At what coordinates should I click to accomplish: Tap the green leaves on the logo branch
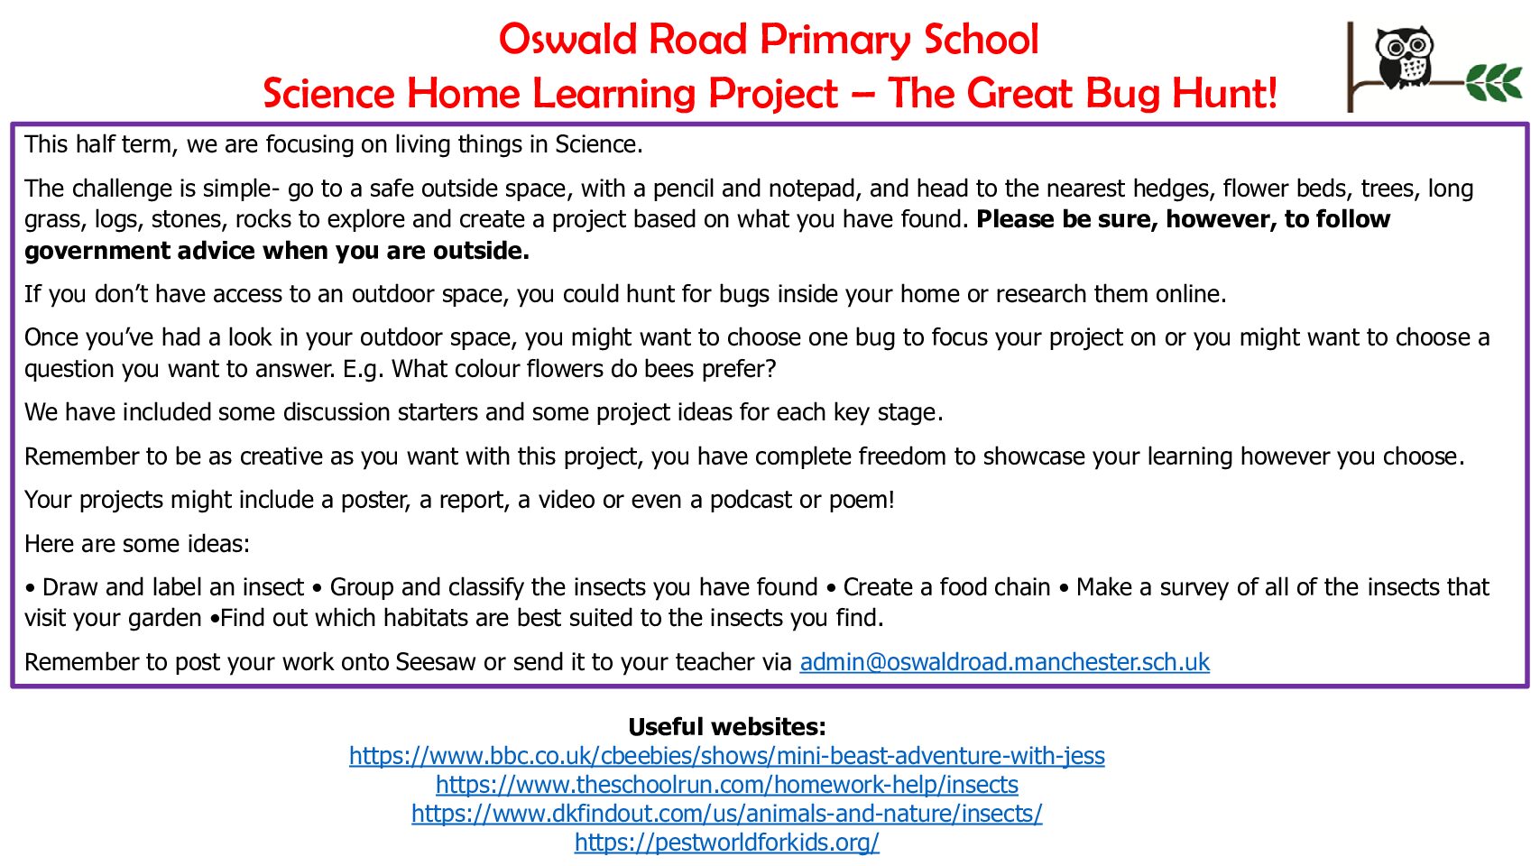point(1494,82)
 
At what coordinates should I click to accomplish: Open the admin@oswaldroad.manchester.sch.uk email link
point(1004,661)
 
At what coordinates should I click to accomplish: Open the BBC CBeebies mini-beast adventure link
point(726,755)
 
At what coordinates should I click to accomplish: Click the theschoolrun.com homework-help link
point(726,784)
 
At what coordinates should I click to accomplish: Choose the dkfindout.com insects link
point(726,813)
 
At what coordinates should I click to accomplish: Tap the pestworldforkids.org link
point(726,842)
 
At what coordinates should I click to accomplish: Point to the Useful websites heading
point(726,726)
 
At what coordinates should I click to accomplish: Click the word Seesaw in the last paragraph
point(436,661)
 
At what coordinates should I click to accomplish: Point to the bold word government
point(97,251)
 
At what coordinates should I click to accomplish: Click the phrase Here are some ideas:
point(137,544)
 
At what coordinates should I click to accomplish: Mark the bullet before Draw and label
point(30,589)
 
